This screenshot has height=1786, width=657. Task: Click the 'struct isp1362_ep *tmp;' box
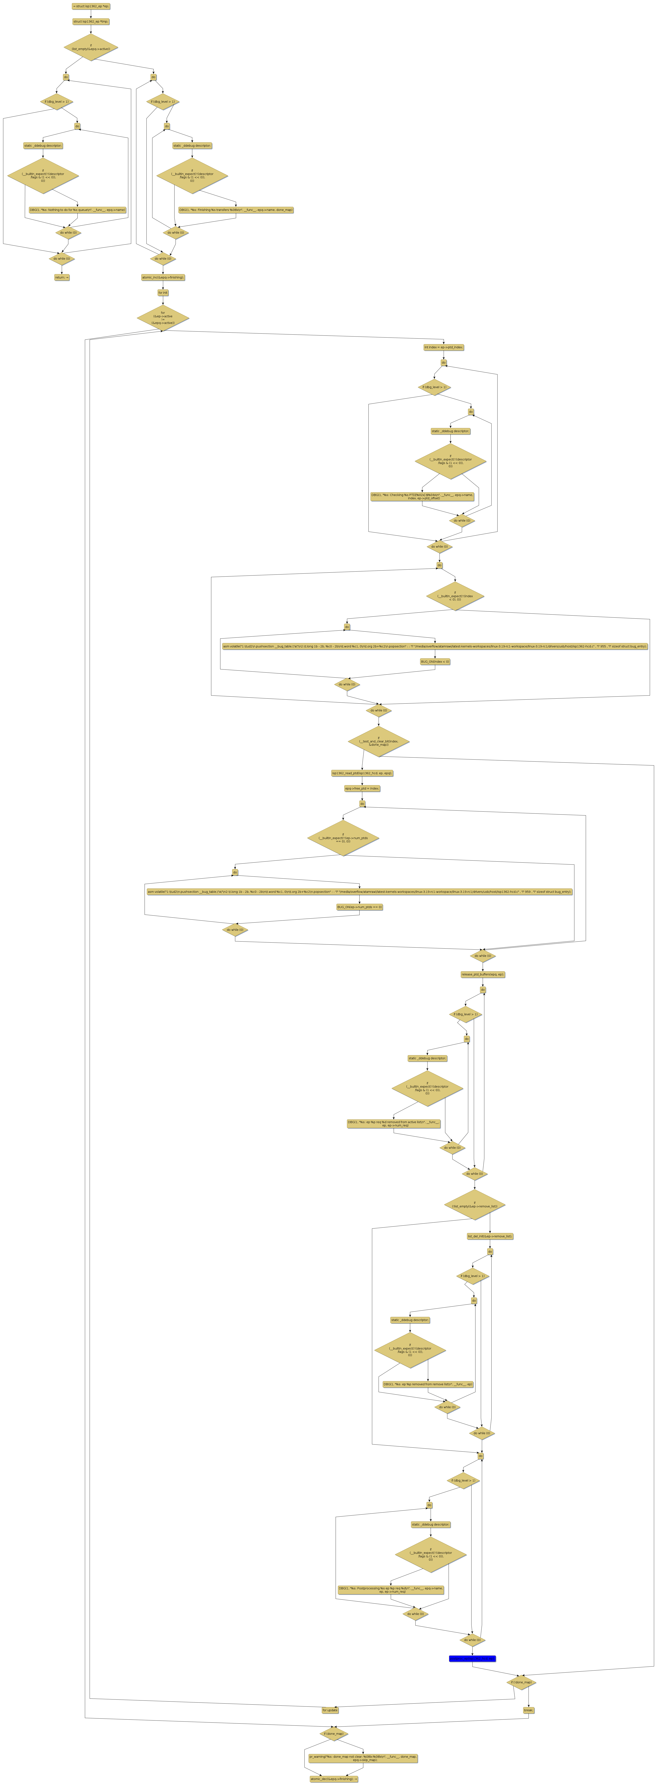(91, 21)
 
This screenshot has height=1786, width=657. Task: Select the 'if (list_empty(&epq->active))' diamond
(91, 47)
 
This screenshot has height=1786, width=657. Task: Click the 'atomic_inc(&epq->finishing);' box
(163, 277)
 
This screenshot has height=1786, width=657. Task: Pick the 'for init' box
(163, 293)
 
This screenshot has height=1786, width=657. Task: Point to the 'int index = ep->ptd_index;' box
(444, 347)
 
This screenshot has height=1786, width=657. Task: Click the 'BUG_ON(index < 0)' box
(435, 661)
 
